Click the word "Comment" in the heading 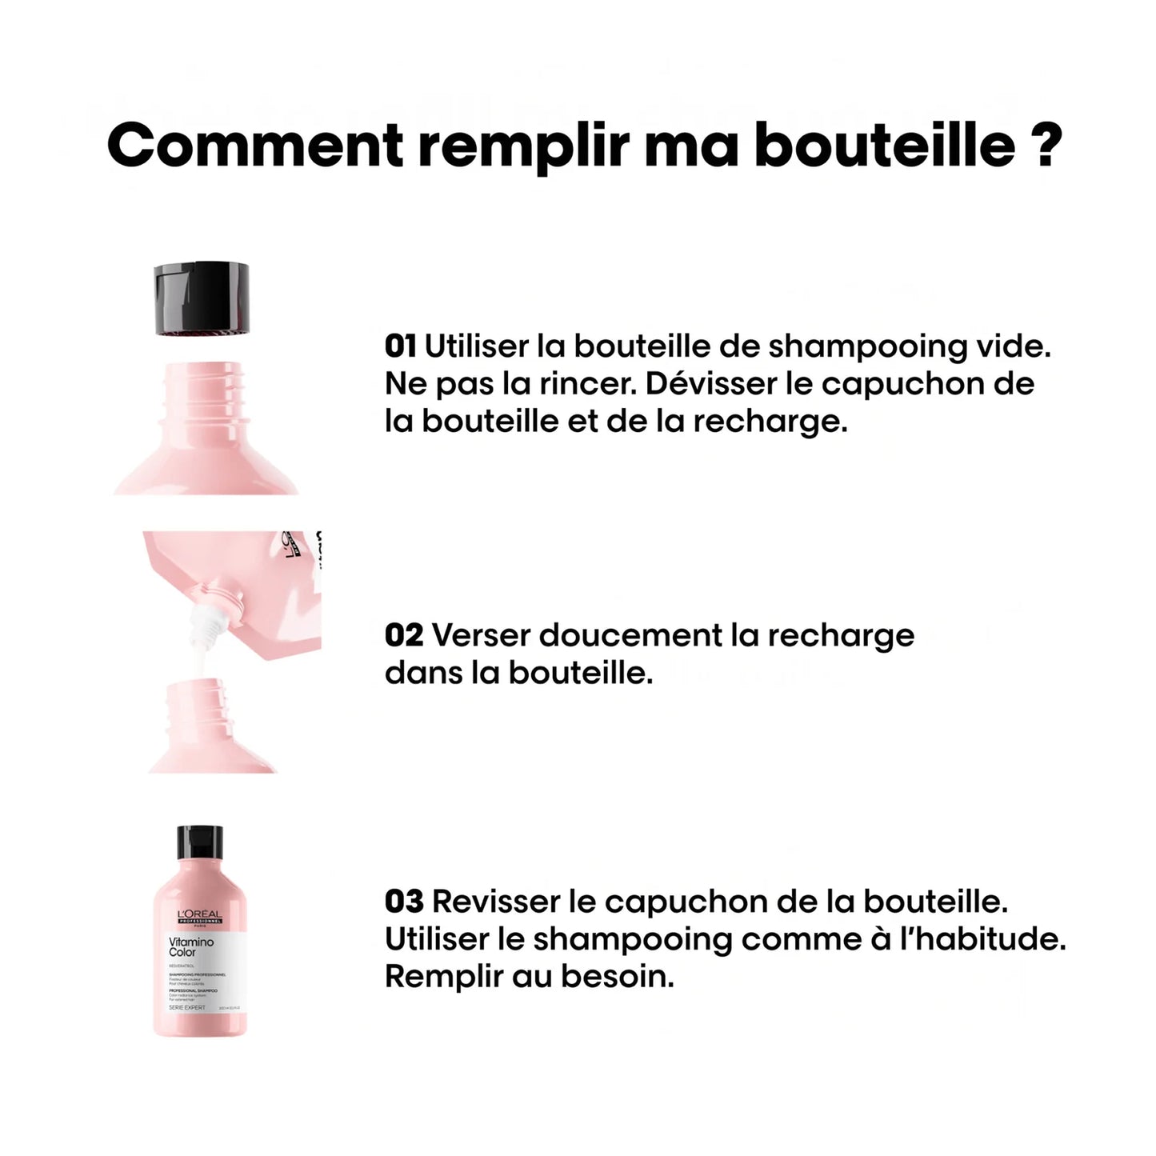click(254, 145)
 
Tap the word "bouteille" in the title click(885, 145)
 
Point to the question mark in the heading click(1046, 145)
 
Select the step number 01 click(400, 346)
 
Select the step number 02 click(403, 635)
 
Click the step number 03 click(403, 902)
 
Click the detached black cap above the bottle click(201, 297)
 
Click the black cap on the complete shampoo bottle click(199, 842)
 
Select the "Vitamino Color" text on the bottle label click(190, 947)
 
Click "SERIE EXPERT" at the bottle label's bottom click(186, 1008)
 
